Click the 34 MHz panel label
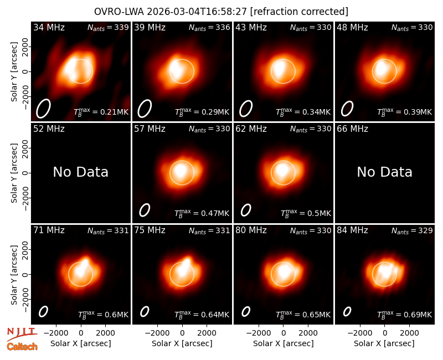coord(49,27)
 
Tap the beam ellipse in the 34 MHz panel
coord(43,108)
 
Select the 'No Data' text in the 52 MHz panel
coord(80,172)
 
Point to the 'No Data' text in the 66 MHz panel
coord(384,172)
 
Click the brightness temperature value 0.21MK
coord(111,112)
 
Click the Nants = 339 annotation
coord(108,27)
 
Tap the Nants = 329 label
coord(412,230)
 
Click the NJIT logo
coord(22,333)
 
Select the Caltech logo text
coord(22,347)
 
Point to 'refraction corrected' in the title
coord(299,12)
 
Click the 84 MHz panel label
coord(352,230)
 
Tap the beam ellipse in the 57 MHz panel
coord(145,210)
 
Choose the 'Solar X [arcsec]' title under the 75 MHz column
coord(182,343)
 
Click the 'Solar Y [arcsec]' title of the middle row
coord(14,173)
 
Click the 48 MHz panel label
coord(352,27)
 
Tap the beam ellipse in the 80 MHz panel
coord(246,311)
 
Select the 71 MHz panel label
coord(49,230)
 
